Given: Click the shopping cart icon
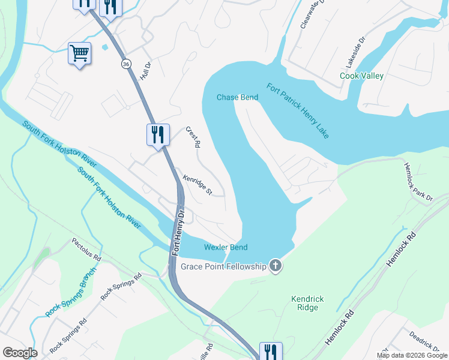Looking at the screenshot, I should [79, 53].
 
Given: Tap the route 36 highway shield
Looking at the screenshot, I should [125, 64].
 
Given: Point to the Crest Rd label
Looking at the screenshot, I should [192, 137].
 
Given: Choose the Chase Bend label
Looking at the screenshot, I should [237, 97].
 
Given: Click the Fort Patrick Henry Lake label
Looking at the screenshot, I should [298, 110].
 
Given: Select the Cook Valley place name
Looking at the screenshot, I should [361, 76].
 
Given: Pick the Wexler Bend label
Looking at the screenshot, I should [226, 247].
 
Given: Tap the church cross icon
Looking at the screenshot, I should [276, 265].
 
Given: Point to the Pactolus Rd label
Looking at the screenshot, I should [86, 249].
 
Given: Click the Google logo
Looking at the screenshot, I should [20, 352].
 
